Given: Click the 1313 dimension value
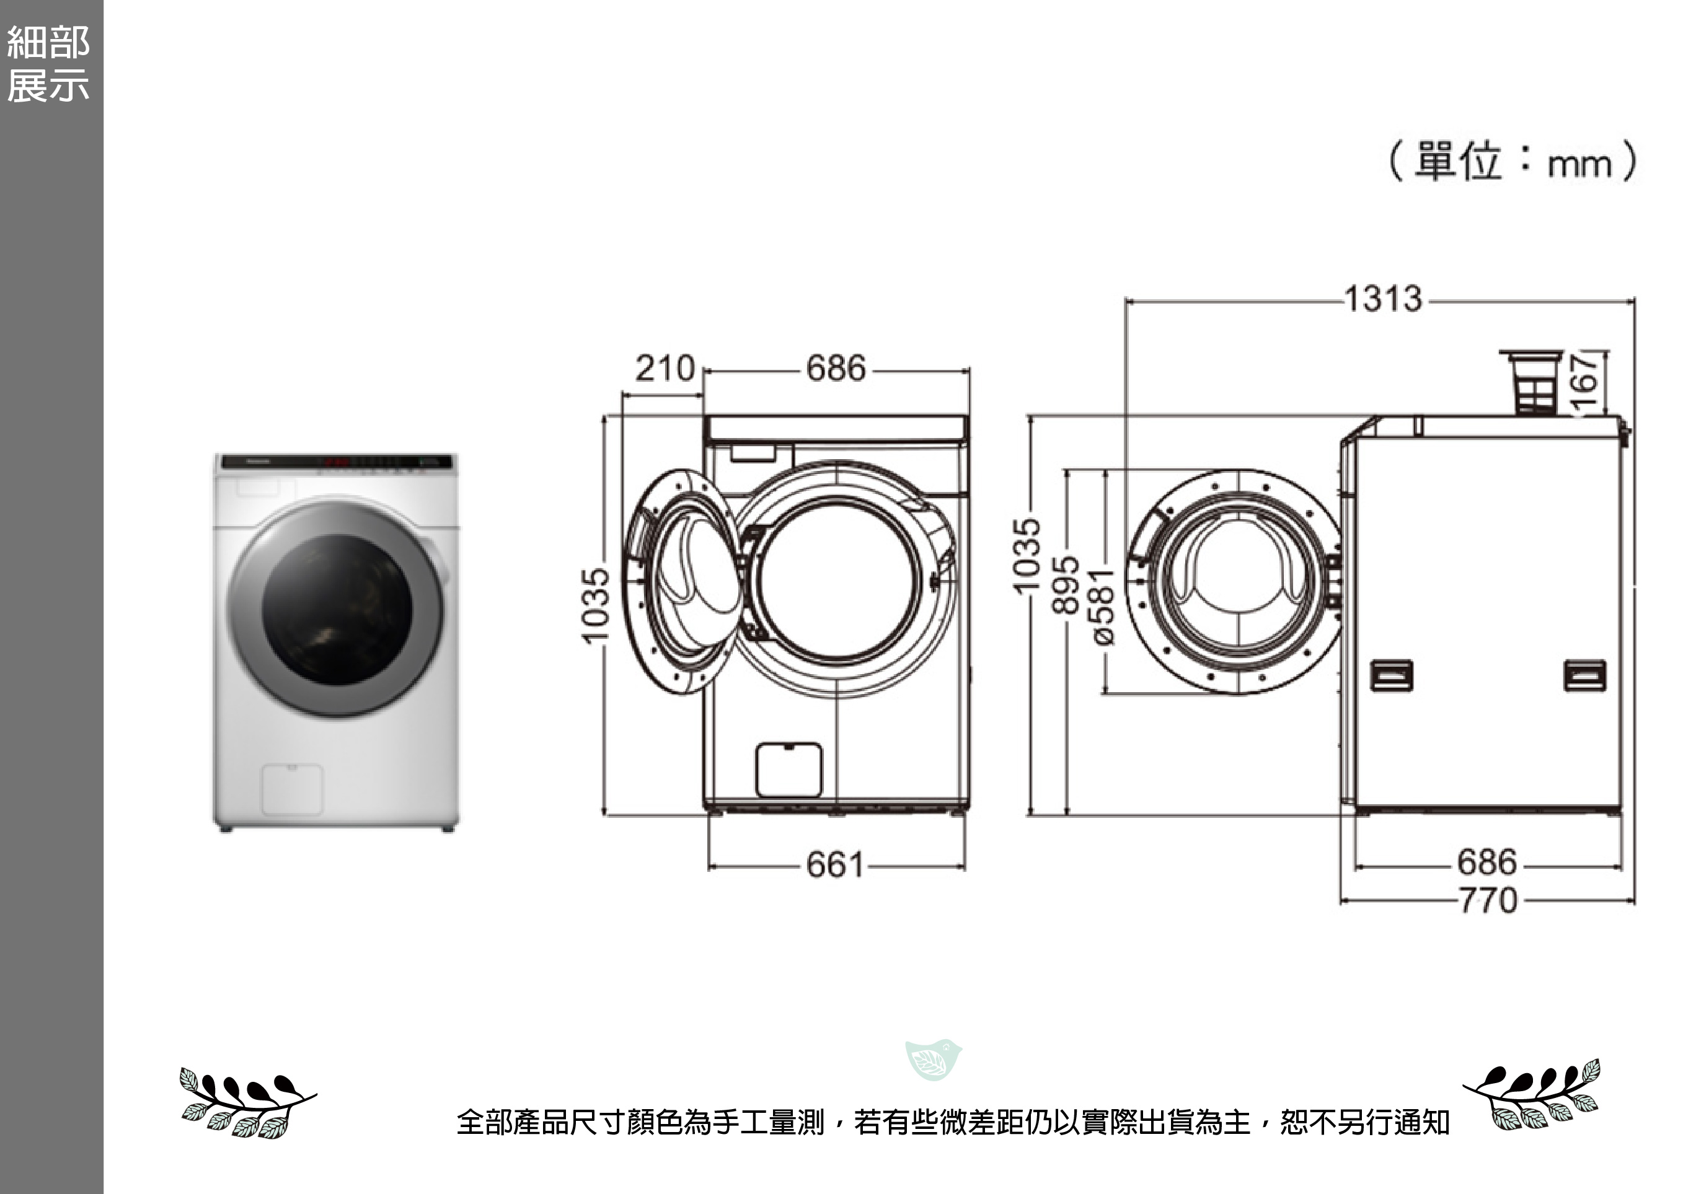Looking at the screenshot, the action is pyautogui.click(x=1383, y=299).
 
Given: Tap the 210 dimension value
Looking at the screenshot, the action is pyautogui.click(x=665, y=368).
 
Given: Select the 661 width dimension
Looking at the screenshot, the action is pyautogui.click(x=835, y=866).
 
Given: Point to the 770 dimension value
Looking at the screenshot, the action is pyautogui.click(x=1487, y=901).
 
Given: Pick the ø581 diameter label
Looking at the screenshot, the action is pyautogui.click(x=1103, y=607).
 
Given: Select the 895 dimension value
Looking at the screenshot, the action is pyautogui.click(x=1066, y=584).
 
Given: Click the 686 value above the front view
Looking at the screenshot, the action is pyautogui.click(x=836, y=368).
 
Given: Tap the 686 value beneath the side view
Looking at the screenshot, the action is pyautogui.click(x=1486, y=863).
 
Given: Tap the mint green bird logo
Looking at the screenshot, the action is pyautogui.click(x=934, y=1060).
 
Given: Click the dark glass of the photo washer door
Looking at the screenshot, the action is pyautogui.click(x=337, y=608).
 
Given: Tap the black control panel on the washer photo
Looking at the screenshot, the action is pyautogui.click(x=336, y=462).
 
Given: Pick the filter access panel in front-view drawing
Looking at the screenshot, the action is pyautogui.click(x=788, y=770).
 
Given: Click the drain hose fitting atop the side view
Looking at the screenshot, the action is pyautogui.click(x=1532, y=382).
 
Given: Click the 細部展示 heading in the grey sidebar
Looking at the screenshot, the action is pyautogui.click(x=48, y=64).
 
